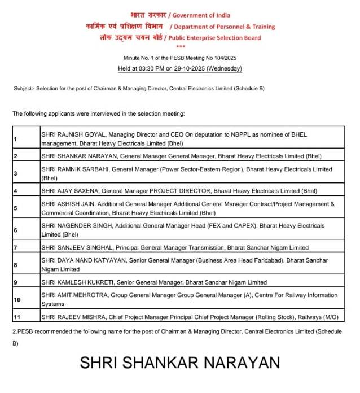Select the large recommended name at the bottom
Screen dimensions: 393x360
pyautogui.click(x=179, y=362)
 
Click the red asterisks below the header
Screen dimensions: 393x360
pyautogui.click(x=180, y=47)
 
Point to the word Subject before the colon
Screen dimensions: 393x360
pyautogui.click(x=23, y=89)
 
